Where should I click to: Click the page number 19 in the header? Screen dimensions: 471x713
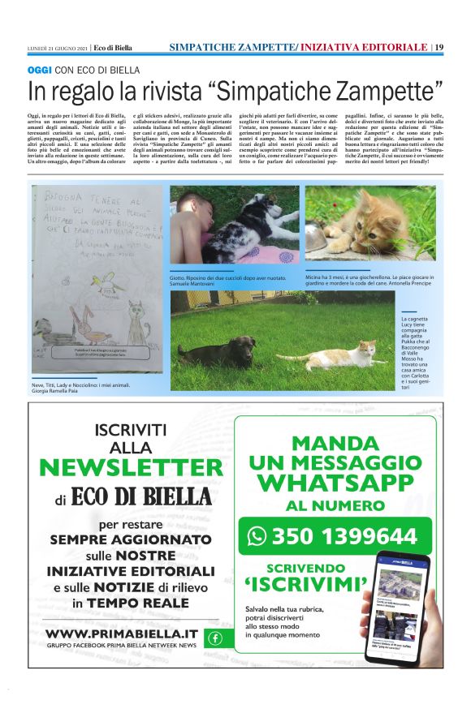439,47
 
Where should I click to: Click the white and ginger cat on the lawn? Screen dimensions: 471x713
331,354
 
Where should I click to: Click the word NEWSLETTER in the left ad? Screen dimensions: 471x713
130,467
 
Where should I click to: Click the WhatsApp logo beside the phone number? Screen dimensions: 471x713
257,536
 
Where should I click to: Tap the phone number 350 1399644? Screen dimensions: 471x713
344,537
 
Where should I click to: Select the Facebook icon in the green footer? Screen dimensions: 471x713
214,638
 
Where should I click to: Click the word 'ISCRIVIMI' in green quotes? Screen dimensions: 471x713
306,584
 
